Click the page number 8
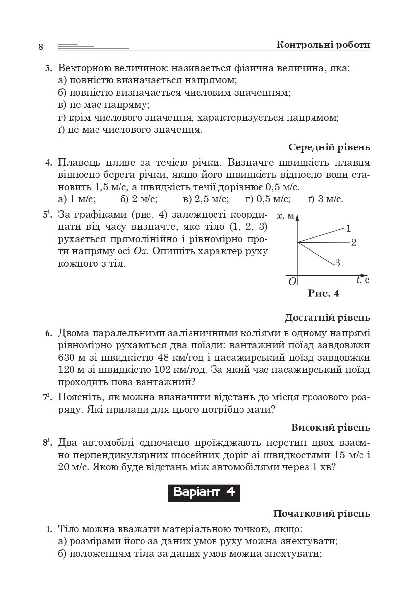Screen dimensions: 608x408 pyautogui.click(x=41, y=47)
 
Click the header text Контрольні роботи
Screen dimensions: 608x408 pyautogui.click(x=323, y=45)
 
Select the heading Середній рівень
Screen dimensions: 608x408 pyautogui.click(x=329, y=147)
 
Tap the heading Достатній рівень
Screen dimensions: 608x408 pyautogui.click(x=327, y=318)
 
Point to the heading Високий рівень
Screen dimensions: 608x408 pyautogui.click(x=331, y=427)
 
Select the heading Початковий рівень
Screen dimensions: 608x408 pyautogui.click(x=321, y=513)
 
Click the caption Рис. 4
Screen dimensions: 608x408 pyautogui.click(x=323, y=293)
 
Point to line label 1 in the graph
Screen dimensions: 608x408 pyautogui.click(x=348, y=228)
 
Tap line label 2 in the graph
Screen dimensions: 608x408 pyautogui.click(x=354, y=243)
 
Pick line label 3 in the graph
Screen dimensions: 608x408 pyautogui.click(x=337, y=263)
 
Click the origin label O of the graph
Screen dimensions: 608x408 pyautogui.click(x=292, y=281)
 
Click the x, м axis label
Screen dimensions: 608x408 pyautogui.click(x=286, y=216)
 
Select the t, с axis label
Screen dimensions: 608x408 pyautogui.click(x=362, y=280)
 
